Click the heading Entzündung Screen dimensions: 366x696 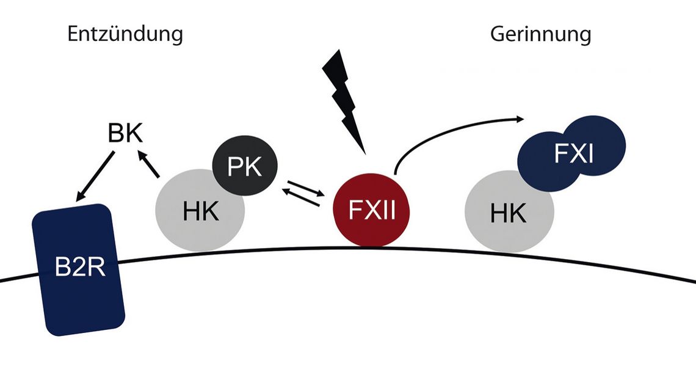[125, 34]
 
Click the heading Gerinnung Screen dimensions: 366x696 [540, 34]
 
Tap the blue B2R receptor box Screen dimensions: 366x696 [80, 269]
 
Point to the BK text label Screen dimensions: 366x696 [125, 134]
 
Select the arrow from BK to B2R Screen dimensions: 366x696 [95, 177]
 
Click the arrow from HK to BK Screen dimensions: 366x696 [150, 165]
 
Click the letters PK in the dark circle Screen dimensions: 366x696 [244, 166]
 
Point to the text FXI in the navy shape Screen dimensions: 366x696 [573, 153]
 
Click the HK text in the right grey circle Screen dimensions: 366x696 [508, 214]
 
